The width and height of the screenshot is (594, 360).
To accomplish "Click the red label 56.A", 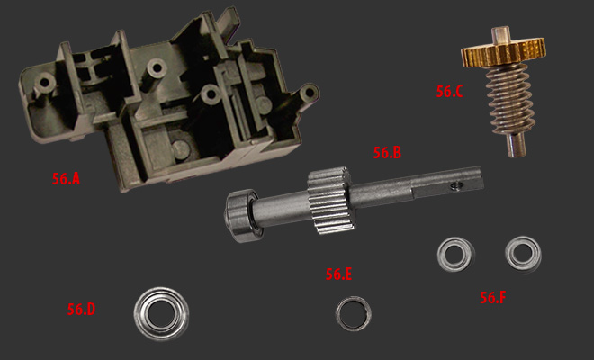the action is [x=66, y=179].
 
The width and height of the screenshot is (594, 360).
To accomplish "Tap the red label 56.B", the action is [x=387, y=153].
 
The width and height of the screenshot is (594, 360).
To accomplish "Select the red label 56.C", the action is [x=449, y=92].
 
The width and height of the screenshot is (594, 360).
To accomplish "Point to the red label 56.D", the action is [x=81, y=310].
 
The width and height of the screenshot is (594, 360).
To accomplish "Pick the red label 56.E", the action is [x=338, y=274].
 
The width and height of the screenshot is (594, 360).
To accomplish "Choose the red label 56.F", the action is [x=493, y=298].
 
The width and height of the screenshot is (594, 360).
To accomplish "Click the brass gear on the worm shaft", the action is [x=503, y=52].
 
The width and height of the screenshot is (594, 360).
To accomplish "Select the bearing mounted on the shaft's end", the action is [x=241, y=215].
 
